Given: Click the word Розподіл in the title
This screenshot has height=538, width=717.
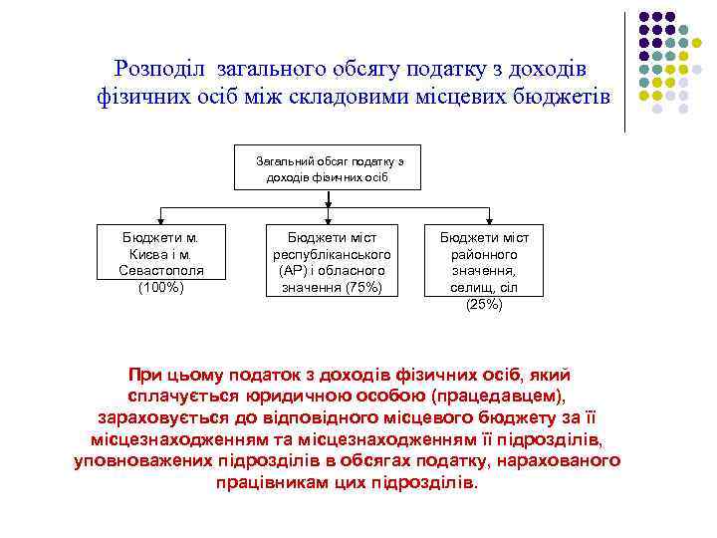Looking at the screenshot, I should tap(161, 69).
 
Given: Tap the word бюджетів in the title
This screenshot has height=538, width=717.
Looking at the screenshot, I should tap(565, 97).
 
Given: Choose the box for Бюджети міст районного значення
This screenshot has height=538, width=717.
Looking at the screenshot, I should tap(485, 262).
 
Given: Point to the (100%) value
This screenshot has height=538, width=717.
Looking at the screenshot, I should tap(160, 288).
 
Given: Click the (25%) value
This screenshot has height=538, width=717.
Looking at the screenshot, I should tap(484, 305).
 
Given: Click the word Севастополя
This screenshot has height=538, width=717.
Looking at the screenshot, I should tap(160, 271).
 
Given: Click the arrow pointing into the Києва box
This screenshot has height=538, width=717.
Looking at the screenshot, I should tap(160, 216).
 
